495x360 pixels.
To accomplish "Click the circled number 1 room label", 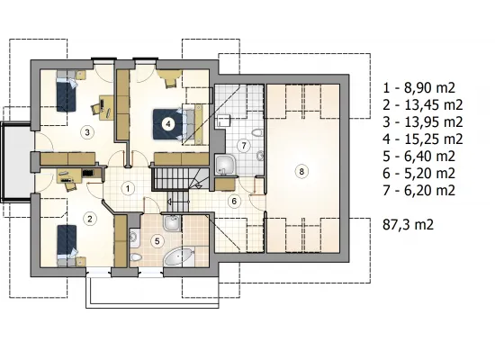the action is (x=128, y=189).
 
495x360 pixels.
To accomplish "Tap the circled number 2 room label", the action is (x=90, y=219).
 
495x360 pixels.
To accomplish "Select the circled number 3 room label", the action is (x=87, y=132).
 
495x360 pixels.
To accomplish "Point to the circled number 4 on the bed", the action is (x=168, y=124).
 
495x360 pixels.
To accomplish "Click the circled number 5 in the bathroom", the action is (x=157, y=241).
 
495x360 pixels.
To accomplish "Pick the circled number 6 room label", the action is (x=234, y=202).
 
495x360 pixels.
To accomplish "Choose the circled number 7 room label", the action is (x=244, y=146).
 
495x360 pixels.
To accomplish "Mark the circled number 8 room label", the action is (x=301, y=172).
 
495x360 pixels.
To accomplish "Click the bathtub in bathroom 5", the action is (x=179, y=256).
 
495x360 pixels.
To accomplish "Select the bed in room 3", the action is (x=67, y=92).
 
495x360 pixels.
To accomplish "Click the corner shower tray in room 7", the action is (x=225, y=165).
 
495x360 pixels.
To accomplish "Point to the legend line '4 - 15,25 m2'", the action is (x=423, y=139).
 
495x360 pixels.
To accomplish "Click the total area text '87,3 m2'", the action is (x=408, y=224).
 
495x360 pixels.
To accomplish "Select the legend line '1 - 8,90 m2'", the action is (x=418, y=88).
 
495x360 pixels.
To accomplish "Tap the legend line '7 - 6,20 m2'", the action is (x=418, y=191).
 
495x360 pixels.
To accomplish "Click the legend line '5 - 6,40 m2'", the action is (x=418, y=157).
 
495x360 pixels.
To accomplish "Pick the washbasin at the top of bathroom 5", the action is (x=172, y=223).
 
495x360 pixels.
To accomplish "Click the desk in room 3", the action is (x=106, y=108).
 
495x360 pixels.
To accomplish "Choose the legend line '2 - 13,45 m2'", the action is (x=423, y=104).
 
